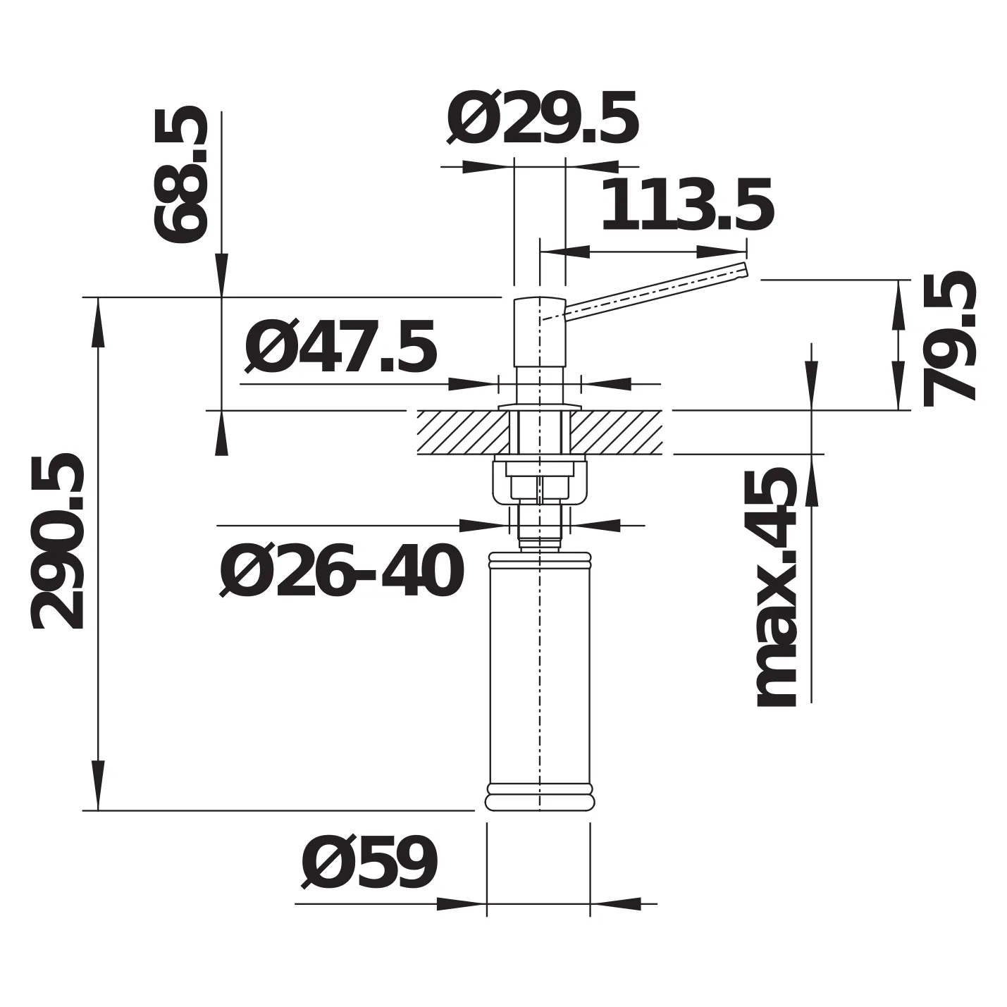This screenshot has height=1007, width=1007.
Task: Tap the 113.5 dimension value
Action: click(687, 204)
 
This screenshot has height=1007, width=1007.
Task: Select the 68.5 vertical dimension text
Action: click(181, 175)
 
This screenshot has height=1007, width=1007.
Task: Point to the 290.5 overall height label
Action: click(58, 541)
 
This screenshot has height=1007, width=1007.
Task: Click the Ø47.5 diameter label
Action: click(340, 346)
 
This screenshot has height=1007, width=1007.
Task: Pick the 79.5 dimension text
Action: click(949, 339)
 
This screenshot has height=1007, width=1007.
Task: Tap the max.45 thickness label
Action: click(777, 588)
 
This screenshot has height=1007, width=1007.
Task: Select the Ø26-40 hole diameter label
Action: click(341, 571)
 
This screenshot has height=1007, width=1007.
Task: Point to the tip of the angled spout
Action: click(746, 269)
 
